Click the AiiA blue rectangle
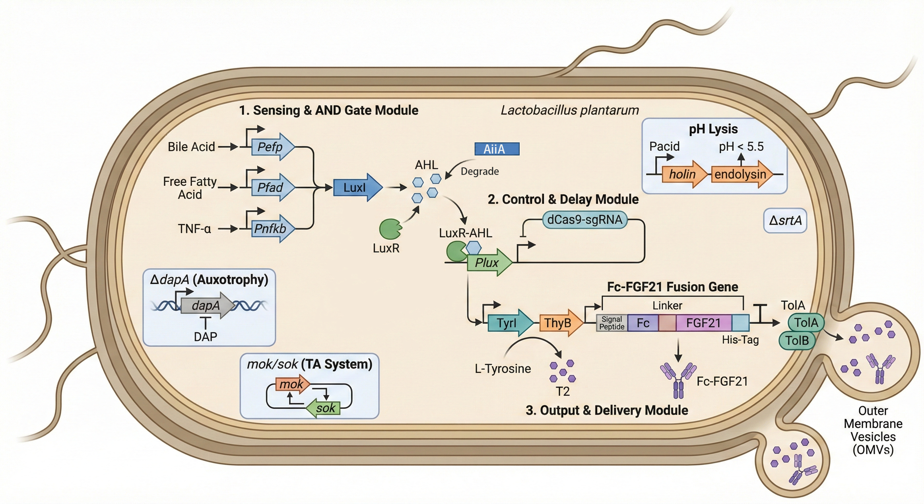496,149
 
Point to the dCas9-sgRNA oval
584,220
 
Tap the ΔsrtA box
785,220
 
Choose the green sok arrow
324,408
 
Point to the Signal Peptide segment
612,323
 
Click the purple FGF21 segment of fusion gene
703,323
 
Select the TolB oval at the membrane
797,340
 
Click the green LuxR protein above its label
390,229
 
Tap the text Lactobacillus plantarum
569,110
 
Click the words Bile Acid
191,147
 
